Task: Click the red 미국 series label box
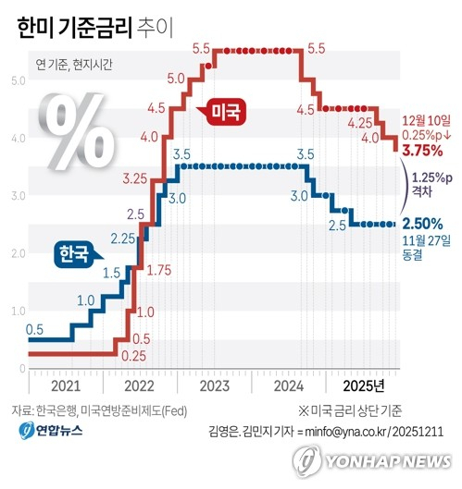coord(227,112)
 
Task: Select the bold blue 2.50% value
coord(422,223)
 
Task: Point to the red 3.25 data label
coord(135,177)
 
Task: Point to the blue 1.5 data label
coord(111,272)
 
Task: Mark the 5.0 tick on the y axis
coord(18,81)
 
